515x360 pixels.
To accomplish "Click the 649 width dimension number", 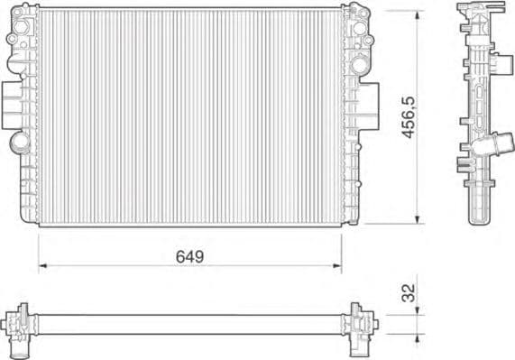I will click(190, 256).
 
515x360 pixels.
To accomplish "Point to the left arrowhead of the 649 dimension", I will click(42, 266).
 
